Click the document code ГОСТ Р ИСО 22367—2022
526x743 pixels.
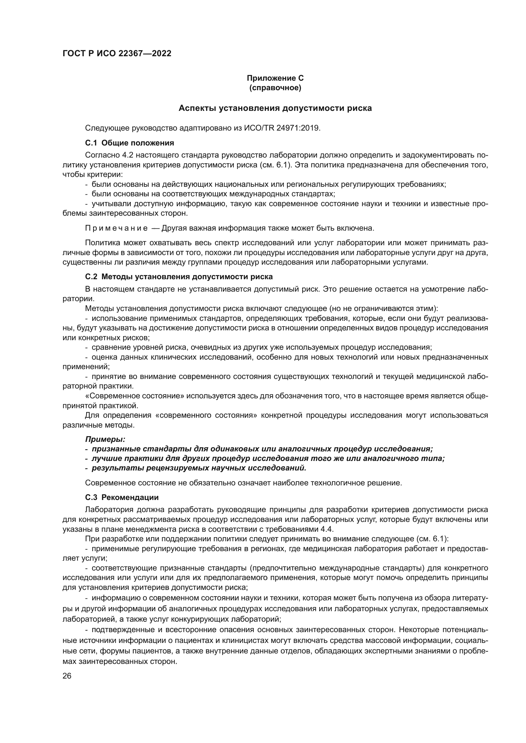(117, 54)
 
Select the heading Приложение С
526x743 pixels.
(275, 78)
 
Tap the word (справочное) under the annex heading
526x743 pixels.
(275, 88)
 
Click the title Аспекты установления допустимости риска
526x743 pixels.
(275, 108)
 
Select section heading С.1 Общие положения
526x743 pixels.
(129, 143)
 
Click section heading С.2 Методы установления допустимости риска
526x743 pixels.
(179, 277)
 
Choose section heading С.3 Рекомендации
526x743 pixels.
(122, 497)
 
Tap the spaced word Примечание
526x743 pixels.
(116, 228)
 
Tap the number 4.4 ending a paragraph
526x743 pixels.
(327, 529)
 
